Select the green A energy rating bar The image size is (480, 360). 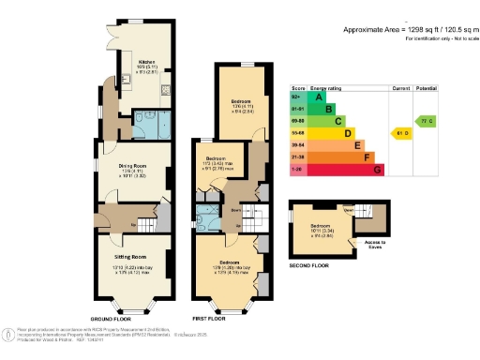(x=318, y=97)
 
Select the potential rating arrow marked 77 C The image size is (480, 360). (x=427, y=121)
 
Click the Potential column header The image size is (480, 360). (x=427, y=86)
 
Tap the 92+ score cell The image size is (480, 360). (x=297, y=97)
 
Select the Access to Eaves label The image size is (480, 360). (x=360, y=246)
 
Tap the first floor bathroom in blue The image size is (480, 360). (x=204, y=217)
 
